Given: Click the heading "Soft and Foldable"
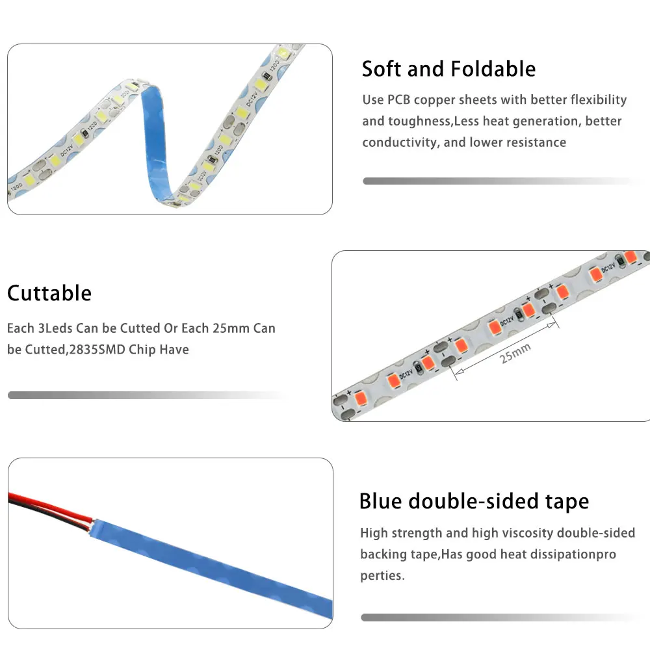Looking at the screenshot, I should click(x=448, y=69).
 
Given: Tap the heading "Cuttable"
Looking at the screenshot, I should click(x=49, y=293).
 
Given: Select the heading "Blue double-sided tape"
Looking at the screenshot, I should click(x=474, y=501).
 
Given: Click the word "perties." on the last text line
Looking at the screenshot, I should click(x=382, y=576).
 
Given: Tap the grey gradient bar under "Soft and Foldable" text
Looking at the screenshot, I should click(x=500, y=181).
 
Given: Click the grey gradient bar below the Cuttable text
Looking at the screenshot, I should click(x=146, y=395).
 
